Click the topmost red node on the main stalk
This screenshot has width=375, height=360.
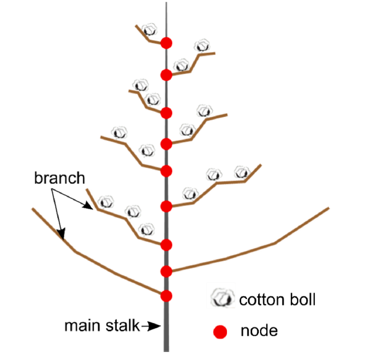coord(166,42)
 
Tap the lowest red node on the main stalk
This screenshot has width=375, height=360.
coord(166,295)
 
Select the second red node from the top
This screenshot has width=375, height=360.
coord(166,74)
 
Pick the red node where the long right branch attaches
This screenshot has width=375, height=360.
coord(166,271)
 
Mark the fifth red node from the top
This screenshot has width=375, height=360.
coord(166,170)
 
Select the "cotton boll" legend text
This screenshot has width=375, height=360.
coord(277,300)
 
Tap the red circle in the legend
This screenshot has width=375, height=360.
coord(220,332)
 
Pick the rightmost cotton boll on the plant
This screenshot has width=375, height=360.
coord(242,172)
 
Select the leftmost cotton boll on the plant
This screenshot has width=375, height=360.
coord(106,201)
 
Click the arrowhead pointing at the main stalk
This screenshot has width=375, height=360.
coord(158,327)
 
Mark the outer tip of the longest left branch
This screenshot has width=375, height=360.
coord(32,209)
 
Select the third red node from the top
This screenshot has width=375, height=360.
coord(166,113)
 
